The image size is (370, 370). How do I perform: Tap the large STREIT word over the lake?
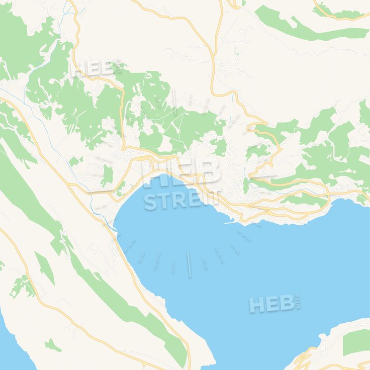181,200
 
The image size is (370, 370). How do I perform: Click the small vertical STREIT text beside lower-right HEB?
299,302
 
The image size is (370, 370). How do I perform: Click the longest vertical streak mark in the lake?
189,264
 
